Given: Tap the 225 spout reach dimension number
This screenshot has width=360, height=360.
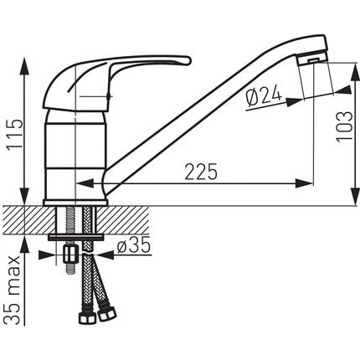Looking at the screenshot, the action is click(201, 172).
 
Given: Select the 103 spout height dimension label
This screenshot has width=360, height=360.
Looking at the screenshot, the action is click(344, 127).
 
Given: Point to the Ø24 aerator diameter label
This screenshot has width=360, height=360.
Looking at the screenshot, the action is click(264, 98).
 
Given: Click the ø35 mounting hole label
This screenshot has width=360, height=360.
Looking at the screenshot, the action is click(134, 245).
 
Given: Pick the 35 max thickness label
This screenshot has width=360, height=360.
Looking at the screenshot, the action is click(13, 291).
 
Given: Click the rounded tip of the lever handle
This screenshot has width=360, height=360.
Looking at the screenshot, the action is click(188, 60).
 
